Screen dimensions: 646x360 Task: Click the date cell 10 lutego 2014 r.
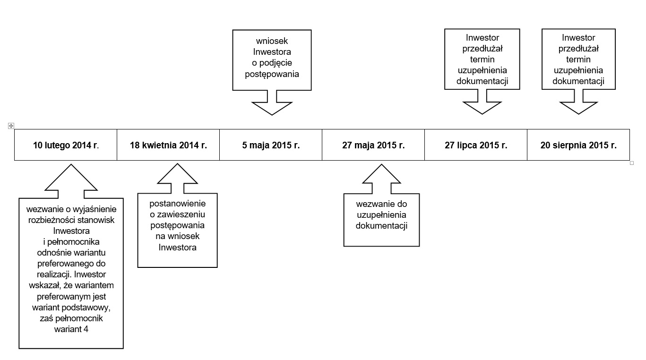(66, 145)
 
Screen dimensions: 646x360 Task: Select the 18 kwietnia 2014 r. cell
(168, 145)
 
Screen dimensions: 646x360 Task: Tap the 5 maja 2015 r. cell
(271, 145)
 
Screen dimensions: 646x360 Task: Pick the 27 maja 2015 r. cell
(373, 145)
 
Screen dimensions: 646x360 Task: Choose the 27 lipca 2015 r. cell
(476, 145)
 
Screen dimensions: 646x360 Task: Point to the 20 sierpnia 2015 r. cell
(578, 145)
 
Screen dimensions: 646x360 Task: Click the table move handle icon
(11, 126)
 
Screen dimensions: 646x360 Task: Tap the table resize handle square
(632, 163)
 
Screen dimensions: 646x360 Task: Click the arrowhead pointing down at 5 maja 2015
(272, 109)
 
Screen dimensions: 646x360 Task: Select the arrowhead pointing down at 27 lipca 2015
(482, 108)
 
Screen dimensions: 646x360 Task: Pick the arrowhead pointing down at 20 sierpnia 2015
(578, 108)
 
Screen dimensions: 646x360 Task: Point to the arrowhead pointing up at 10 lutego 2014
(71, 177)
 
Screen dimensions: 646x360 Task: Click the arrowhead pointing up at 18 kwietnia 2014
(177, 173)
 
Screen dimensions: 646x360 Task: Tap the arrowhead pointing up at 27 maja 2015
(381, 174)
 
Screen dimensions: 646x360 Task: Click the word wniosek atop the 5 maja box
(272, 41)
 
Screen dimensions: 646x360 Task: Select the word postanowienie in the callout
(177, 204)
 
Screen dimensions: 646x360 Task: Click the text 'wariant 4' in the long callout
(71, 329)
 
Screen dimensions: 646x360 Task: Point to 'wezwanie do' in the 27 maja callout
(381, 204)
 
